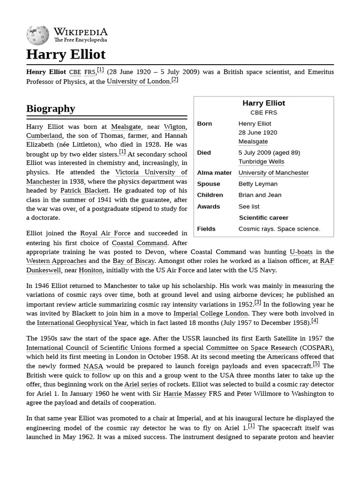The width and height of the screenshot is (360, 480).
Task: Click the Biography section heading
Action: tap(51, 108)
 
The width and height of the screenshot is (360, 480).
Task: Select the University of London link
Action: tap(138, 81)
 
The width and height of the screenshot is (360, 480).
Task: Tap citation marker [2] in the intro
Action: tap(175, 79)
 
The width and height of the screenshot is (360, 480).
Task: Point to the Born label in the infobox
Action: tap(204, 124)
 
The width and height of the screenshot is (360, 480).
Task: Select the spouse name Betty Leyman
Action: tap(258, 184)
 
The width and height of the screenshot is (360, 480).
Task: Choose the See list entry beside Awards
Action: tap(249, 206)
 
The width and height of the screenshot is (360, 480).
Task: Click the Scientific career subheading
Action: tap(263, 217)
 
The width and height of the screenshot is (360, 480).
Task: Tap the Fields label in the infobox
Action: tap(206, 229)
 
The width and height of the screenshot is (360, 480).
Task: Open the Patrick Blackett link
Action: tap(84, 190)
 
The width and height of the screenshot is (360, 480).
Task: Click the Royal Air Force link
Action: tap(105, 233)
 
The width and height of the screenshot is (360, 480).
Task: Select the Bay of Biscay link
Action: tap(134, 261)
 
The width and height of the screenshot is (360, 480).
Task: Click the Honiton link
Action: tap(90, 270)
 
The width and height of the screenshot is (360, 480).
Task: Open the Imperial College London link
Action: tap(210, 313)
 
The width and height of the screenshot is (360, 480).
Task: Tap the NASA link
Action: tap(93, 366)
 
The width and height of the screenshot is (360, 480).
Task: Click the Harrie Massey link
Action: tap(185, 393)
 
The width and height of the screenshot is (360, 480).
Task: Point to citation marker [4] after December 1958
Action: tap(315, 321)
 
